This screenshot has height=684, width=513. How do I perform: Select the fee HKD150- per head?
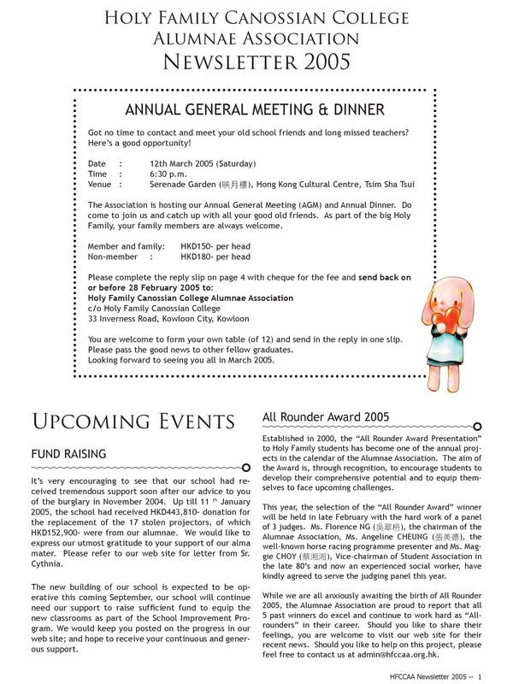click(x=215, y=245)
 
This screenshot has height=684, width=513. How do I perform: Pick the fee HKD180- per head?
click(x=215, y=256)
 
